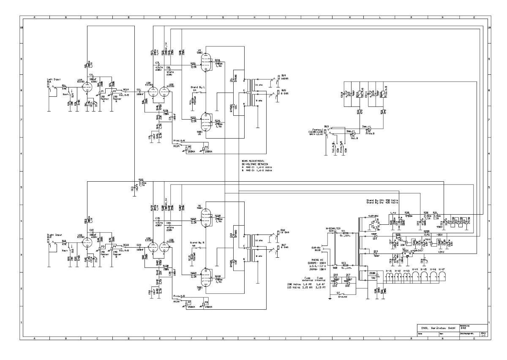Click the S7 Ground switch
(338, 295)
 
